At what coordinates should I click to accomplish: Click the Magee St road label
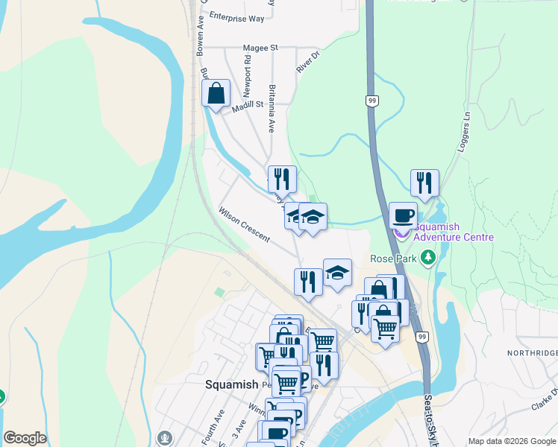coord(260,48)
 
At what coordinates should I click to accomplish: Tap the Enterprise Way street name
coord(236,16)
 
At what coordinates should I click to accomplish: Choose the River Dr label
coord(307,62)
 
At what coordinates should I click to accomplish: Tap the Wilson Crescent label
coord(243,223)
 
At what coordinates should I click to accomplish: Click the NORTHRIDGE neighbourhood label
coord(531,353)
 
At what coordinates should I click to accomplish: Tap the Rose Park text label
coord(393,259)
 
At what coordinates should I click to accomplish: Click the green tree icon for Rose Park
coord(428,259)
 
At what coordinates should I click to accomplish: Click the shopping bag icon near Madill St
coord(216,94)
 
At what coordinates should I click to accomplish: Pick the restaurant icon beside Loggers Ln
coord(424,182)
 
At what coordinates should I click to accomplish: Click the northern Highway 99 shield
coord(371,100)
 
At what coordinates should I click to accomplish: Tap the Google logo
coord(25,438)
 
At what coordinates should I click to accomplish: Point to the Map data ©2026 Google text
coord(511,441)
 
